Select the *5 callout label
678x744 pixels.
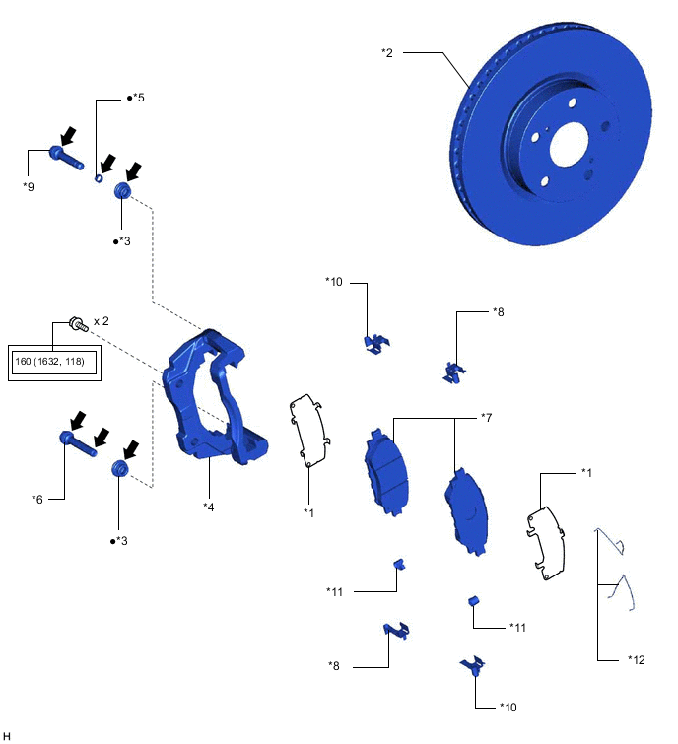point(136,99)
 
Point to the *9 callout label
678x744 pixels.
point(29,185)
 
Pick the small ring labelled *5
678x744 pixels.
point(100,179)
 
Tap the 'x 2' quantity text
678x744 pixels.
point(102,322)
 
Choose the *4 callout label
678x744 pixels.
point(209,507)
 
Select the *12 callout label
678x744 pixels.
point(636,659)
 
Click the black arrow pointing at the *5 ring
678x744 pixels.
point(108,161)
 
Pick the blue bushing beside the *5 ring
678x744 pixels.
point(123,191)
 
